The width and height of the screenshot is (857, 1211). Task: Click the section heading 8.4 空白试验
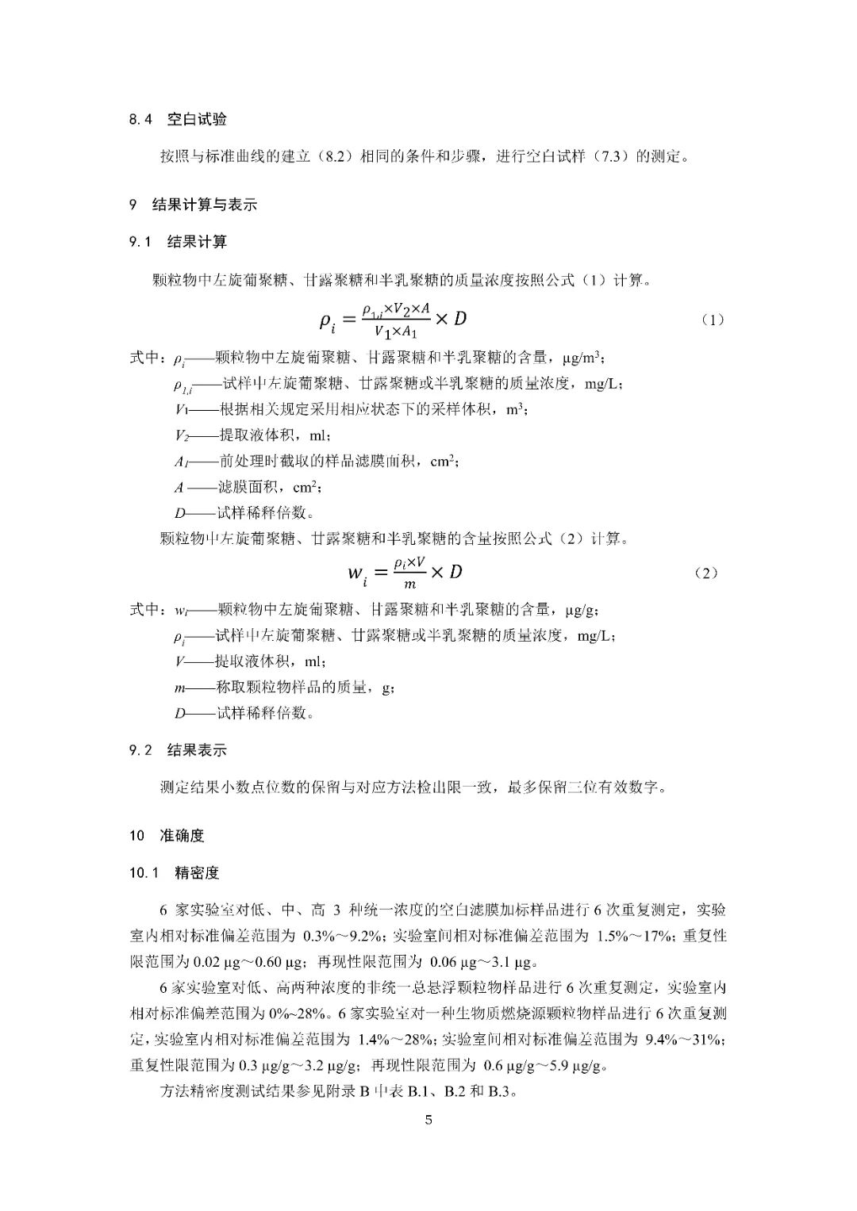(178, 120)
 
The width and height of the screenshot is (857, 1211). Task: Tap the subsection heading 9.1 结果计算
(178, 242)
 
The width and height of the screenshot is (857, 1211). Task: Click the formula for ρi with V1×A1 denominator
(392, 320)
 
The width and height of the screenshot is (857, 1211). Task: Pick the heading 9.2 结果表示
(178, 750)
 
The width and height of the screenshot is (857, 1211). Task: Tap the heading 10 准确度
(167, 835)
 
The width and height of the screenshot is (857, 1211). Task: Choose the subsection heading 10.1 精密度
(174, 873)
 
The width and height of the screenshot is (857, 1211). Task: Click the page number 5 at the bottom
(428, 1121)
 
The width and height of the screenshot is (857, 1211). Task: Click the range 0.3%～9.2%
(345, 936)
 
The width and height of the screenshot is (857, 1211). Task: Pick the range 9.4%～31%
(686, 1039)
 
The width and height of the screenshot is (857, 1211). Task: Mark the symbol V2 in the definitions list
(183, 435)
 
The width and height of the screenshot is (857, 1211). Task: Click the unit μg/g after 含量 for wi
(582, 611)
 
